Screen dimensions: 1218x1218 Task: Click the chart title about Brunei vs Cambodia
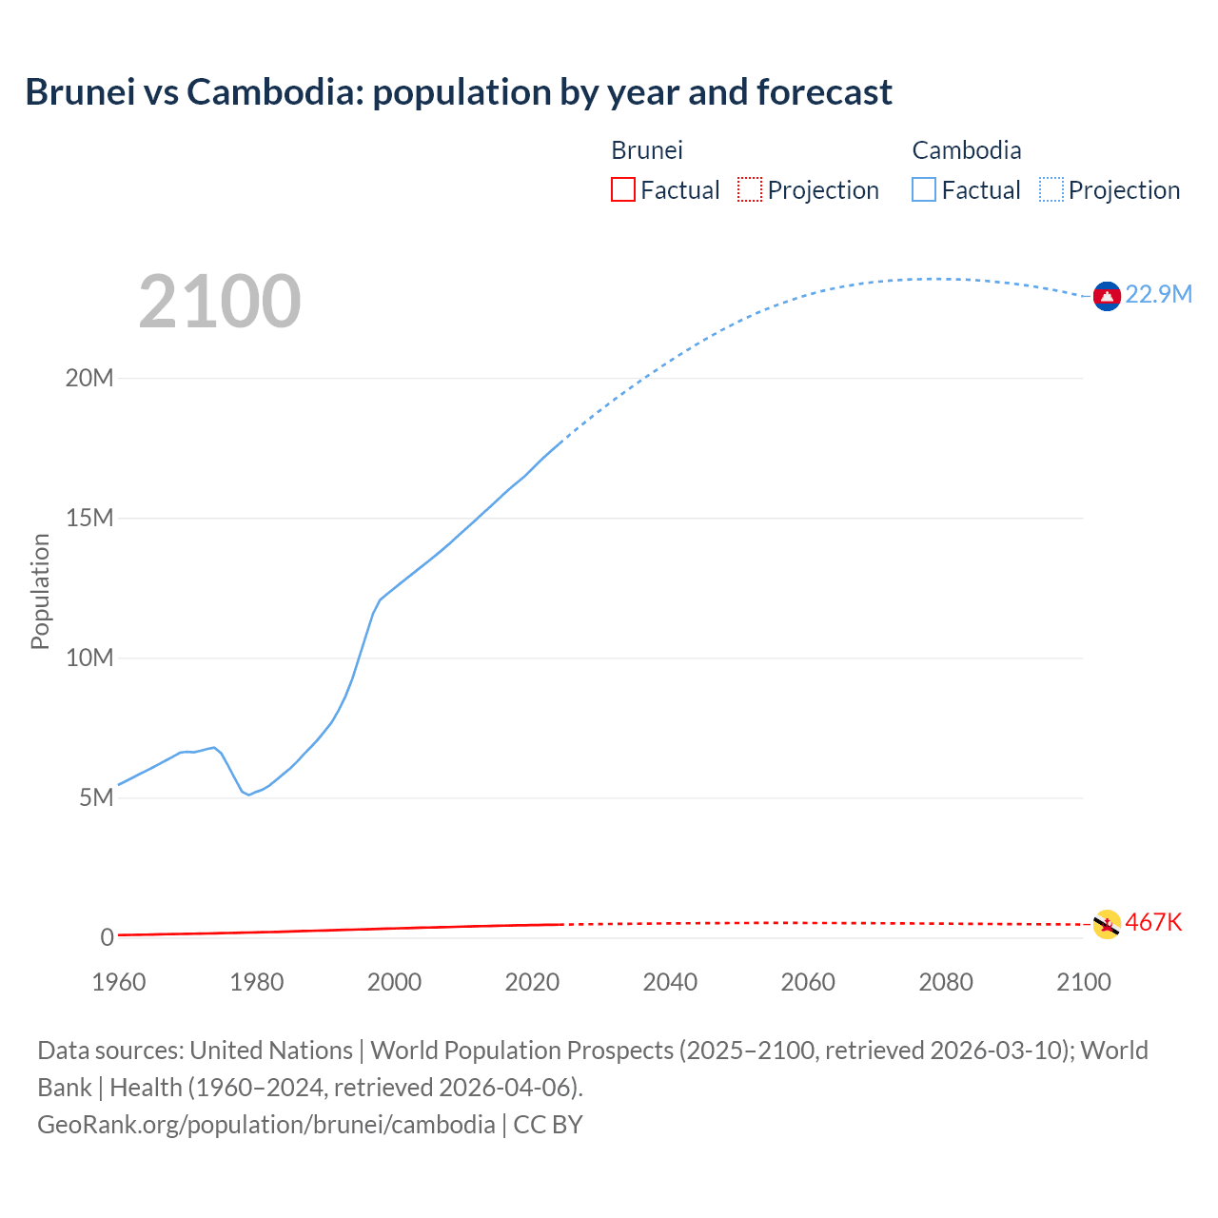tap(458, 92)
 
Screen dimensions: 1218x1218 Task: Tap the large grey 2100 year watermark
tap(220, 302)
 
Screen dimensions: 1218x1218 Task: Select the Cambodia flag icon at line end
tap(1107, 297)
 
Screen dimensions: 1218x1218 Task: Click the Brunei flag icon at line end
tap(1107, 924)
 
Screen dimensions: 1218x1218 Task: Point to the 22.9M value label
tap(1158, 294)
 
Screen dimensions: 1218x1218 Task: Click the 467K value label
tap(1153, 922)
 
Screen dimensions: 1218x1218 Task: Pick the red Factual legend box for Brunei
tap(623, 190)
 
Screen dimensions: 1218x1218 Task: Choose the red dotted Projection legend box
tap(750, 190)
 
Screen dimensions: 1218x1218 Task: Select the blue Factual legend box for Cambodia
tap(924, 190)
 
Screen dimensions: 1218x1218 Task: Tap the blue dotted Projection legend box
tap(1051, 190)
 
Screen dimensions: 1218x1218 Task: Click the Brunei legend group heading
tap(647, 150)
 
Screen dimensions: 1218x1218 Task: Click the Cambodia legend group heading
tap(967, 150)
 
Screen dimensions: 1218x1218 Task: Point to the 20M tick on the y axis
tap(89, 378)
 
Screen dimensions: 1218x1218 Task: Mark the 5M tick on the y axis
tap(96, 797)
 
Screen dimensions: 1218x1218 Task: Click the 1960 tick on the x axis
tap(119, 982)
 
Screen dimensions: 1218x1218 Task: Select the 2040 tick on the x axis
tap(670, 982)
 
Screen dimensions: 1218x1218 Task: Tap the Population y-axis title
tap(40, 591)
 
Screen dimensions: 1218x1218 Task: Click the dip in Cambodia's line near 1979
tap(248, 794)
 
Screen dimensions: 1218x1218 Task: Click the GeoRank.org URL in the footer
tap(266, 1125)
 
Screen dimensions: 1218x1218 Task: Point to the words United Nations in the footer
tap(271, 1051)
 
